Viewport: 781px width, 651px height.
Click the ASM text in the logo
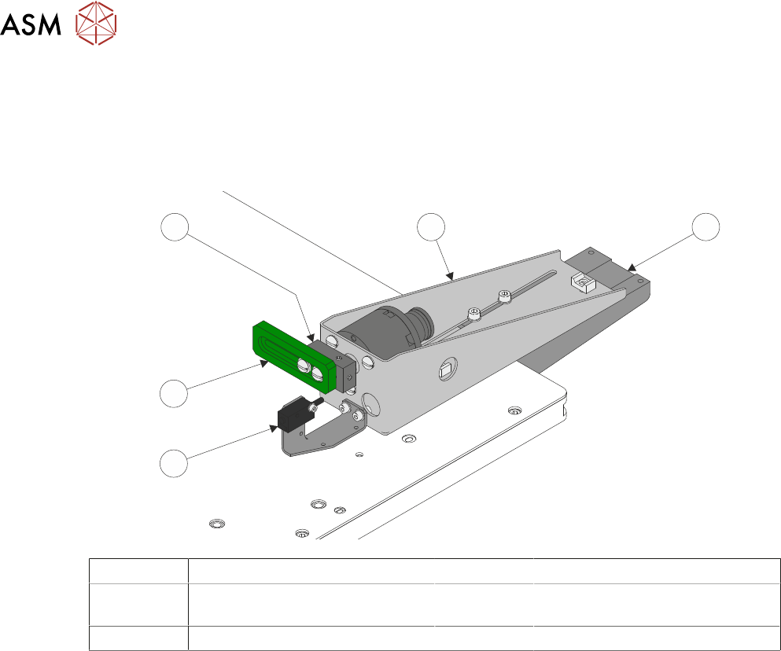pos(31,24)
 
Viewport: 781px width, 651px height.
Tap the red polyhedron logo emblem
pos(96,23)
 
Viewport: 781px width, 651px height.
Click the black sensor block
pos(295,414)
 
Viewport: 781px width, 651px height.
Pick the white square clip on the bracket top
pos(584,282)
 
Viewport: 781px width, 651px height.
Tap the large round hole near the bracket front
pos(370,404)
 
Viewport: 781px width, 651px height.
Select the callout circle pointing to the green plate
pos(174,393)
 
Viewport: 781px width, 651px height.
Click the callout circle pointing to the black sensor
pos(174,463)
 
